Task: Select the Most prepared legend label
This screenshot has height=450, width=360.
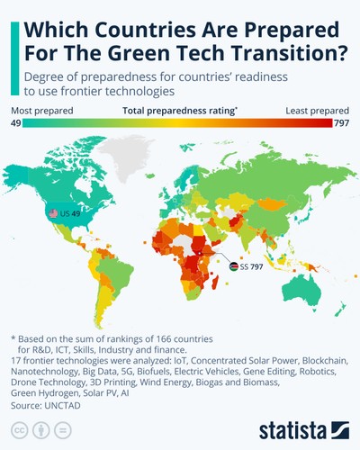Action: click(42, 112)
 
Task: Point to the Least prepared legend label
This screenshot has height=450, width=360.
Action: click(317, 112)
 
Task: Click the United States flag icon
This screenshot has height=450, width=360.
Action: click(53, 213)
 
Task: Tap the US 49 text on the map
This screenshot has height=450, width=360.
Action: click(70, 213)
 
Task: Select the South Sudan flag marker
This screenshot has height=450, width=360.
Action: click(233, 267)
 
